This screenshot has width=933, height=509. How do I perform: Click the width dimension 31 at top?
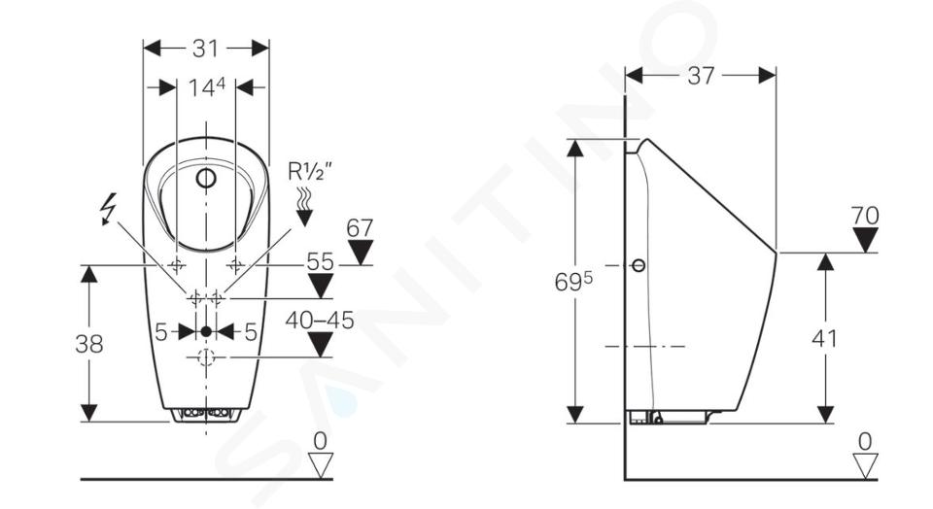point(205,49)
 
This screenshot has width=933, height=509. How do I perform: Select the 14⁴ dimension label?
point(206,87)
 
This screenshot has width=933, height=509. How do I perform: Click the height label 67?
point(360,228)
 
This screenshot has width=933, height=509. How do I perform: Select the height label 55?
point(320,261)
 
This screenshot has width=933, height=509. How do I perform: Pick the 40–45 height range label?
point(320,321)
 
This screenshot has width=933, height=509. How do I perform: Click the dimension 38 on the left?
point(89,344)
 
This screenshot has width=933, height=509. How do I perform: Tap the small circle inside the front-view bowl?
point(206,178)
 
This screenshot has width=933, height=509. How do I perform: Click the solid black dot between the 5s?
point(206,332)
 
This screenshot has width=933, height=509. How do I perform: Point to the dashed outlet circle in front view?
point(206,357)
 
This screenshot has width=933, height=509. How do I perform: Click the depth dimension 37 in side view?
point(701,76)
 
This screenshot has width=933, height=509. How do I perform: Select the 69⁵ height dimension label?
point(573,282)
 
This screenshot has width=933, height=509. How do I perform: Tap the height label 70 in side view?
point(865,216)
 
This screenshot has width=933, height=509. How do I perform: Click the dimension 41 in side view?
point(825,339)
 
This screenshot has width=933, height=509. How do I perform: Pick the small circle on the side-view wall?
point(639,265)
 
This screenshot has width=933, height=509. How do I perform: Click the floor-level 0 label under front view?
point(320,441)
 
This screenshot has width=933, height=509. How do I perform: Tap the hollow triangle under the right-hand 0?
point(865,465)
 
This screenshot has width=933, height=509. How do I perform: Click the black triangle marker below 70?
point(865,240)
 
